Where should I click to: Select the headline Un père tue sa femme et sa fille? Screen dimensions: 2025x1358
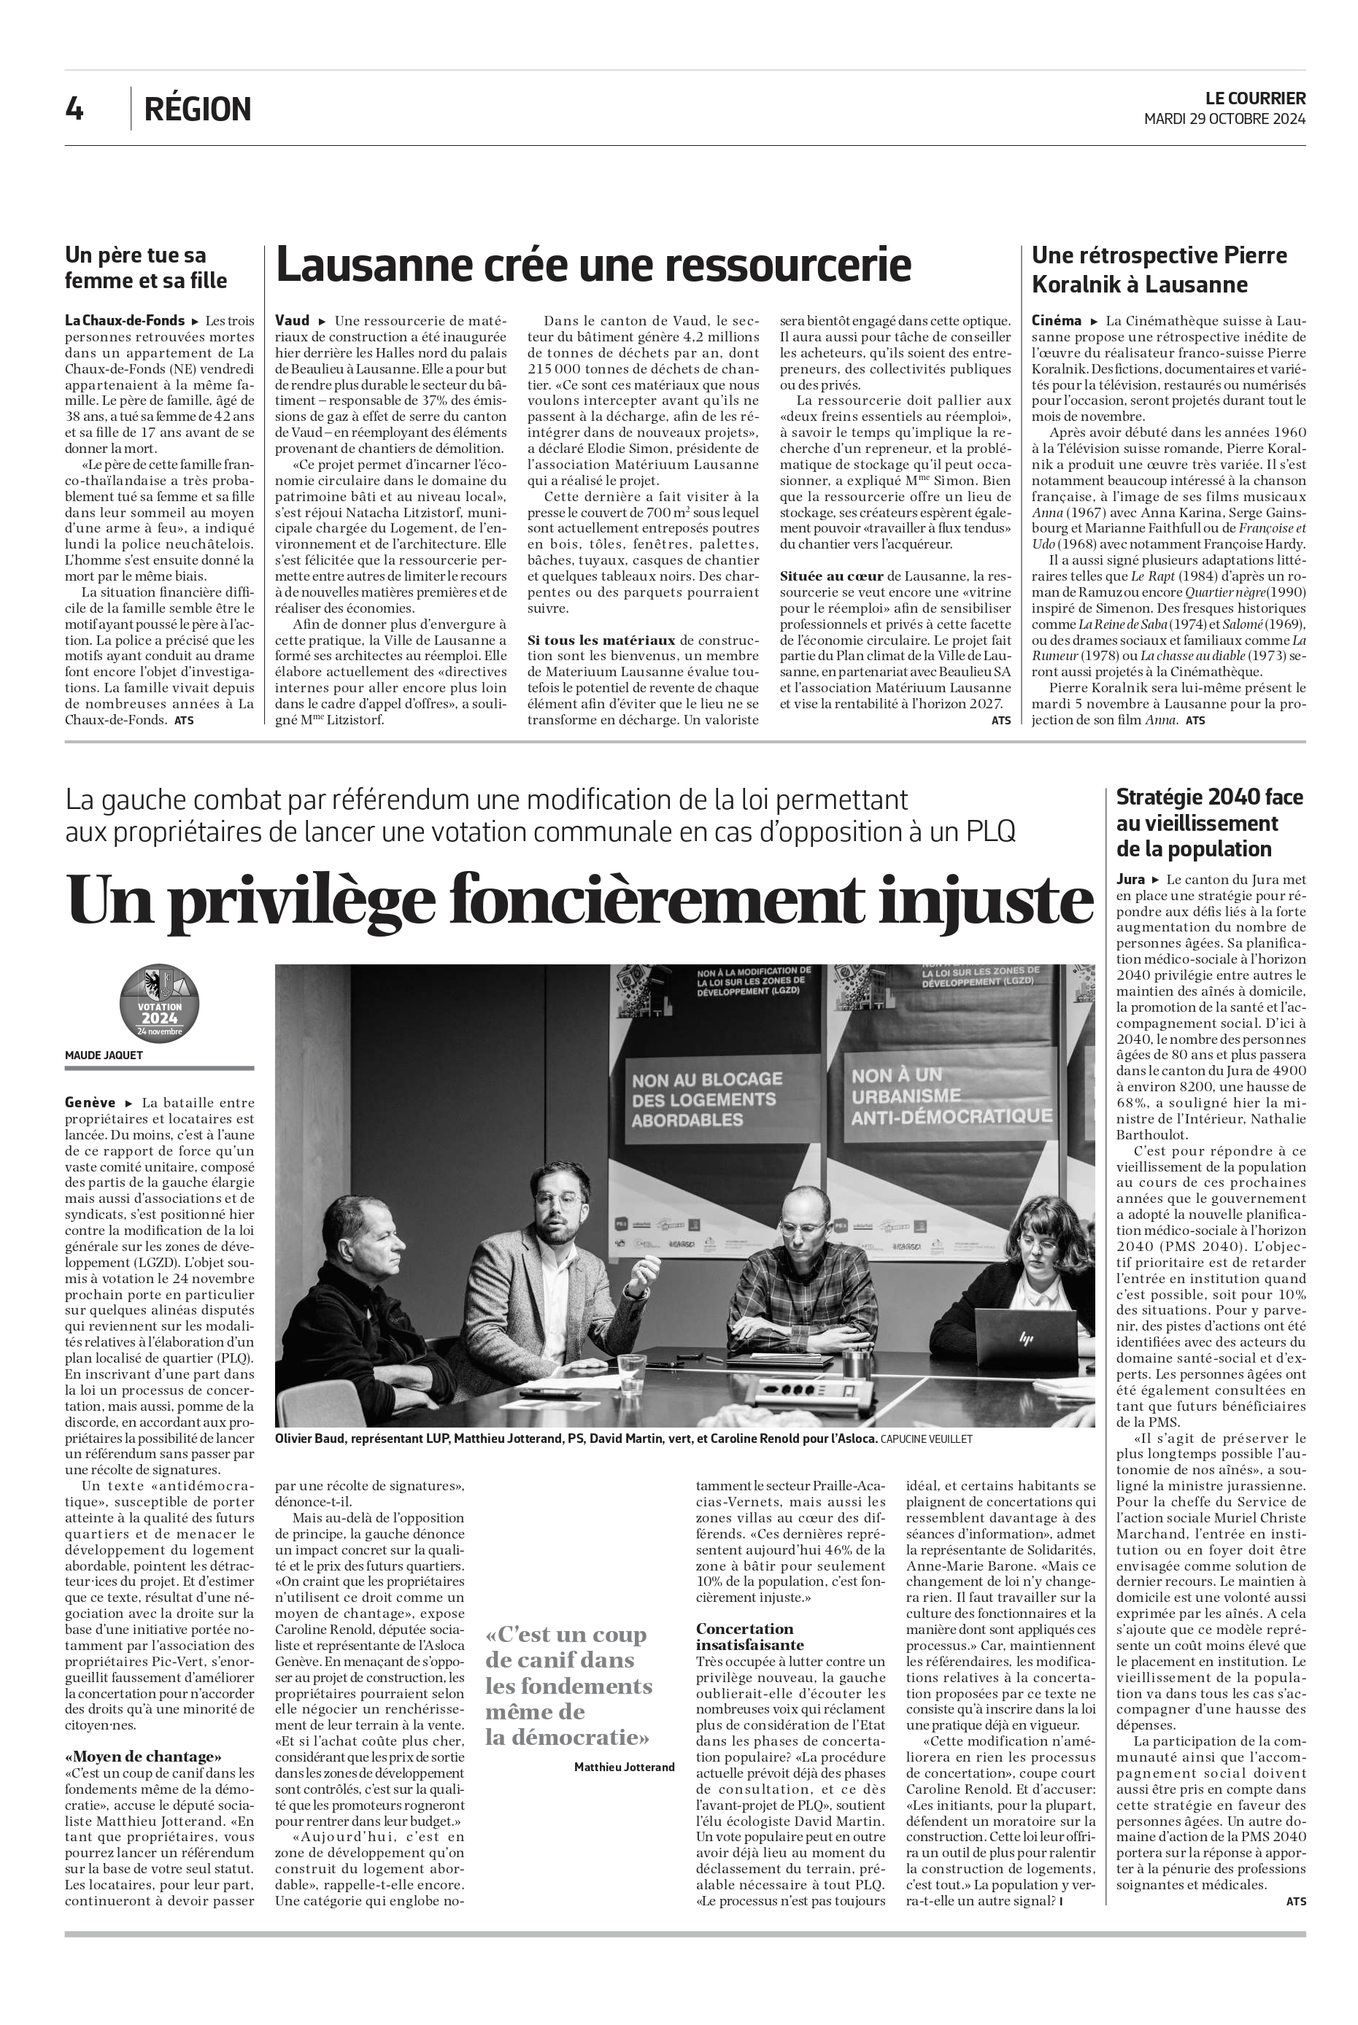coord(147,268)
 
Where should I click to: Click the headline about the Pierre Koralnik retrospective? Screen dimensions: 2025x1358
coord(1159,269)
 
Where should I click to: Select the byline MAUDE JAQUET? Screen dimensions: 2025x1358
coord(104,1056)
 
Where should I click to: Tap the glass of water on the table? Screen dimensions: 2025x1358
coord(631,1371)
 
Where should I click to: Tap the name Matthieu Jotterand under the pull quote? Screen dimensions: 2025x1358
coord(624,1766)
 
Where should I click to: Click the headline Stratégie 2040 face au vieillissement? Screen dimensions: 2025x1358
coord(1209,822)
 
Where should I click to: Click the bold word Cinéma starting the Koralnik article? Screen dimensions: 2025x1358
coord(1056,320)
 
